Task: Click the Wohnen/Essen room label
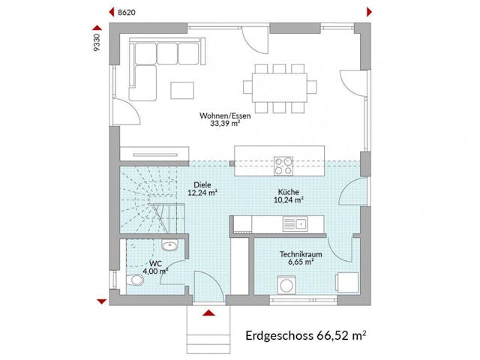click(225, 116)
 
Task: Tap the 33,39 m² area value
click(225, 125)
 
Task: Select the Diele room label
click(202, 184)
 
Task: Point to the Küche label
click(288, 191)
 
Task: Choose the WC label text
click(155, 263)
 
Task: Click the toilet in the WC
click(134, 280)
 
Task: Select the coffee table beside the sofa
click(181, 90)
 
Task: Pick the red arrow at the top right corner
click(369, 12)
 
